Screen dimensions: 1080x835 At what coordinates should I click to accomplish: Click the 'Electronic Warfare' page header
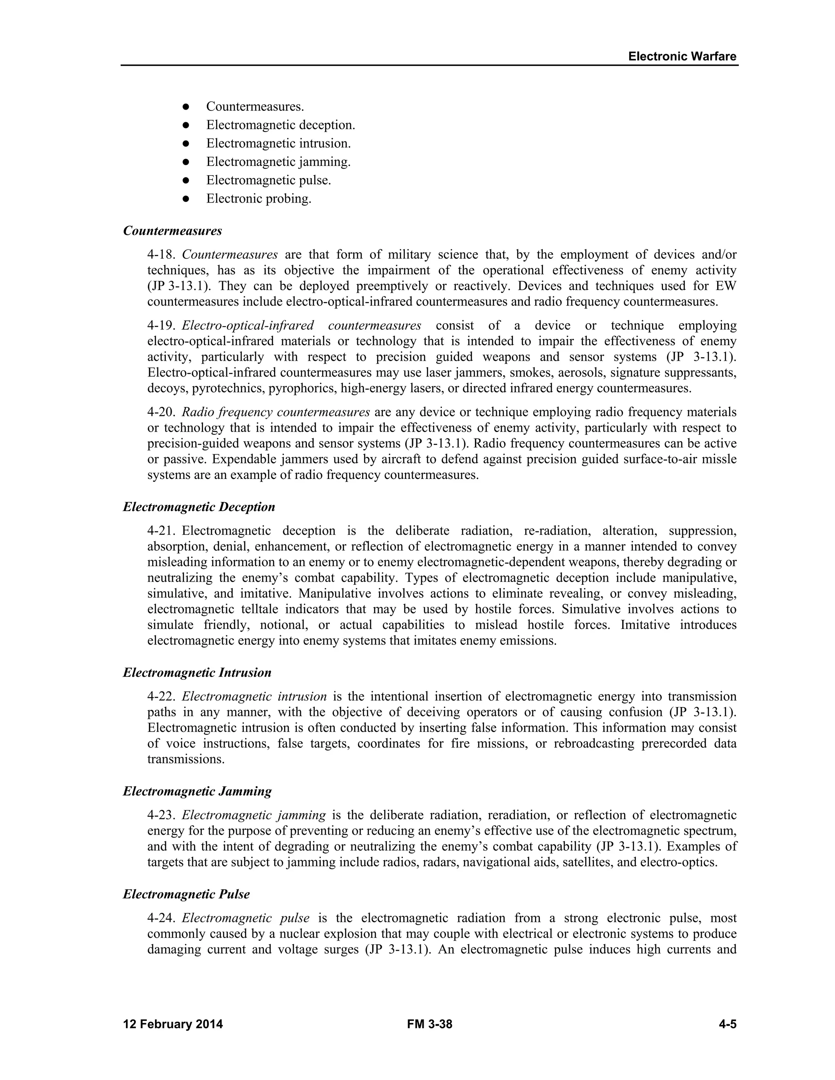click(x=682, y=56)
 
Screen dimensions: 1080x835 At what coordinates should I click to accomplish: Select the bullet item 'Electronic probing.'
click(x=259, y=199)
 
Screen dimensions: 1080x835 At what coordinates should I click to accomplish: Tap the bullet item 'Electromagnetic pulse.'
click(x=269, y=181)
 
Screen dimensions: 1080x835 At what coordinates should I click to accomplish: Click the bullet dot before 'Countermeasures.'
click(x=186, y=107)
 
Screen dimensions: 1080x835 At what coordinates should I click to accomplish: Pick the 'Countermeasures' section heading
click(x=172, y=231)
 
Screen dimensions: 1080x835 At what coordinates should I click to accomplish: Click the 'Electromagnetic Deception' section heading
click(x=199, y=507)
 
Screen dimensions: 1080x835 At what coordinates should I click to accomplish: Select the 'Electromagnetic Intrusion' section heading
click(x=197, y=672)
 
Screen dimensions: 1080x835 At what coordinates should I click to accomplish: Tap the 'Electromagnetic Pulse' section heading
click(x=186, y=894)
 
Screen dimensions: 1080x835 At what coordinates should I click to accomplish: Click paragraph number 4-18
click(x=161, y=255)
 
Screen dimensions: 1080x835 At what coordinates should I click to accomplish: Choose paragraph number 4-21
click(x=161, y=531)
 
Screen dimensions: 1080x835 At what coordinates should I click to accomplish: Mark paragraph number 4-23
click(x=161, y=816)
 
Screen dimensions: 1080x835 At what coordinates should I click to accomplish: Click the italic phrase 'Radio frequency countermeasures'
click(x=276, y=412)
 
